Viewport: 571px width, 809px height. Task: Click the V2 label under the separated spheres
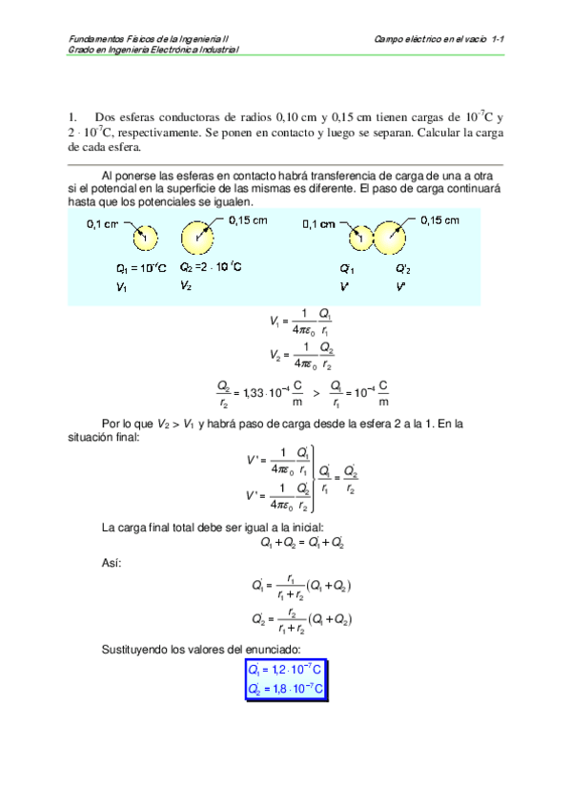(x=187, y=286)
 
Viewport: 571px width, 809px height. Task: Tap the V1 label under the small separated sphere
(x=121, y=287)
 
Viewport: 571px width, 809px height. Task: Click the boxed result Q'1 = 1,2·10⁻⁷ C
(x=286, y=670)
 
